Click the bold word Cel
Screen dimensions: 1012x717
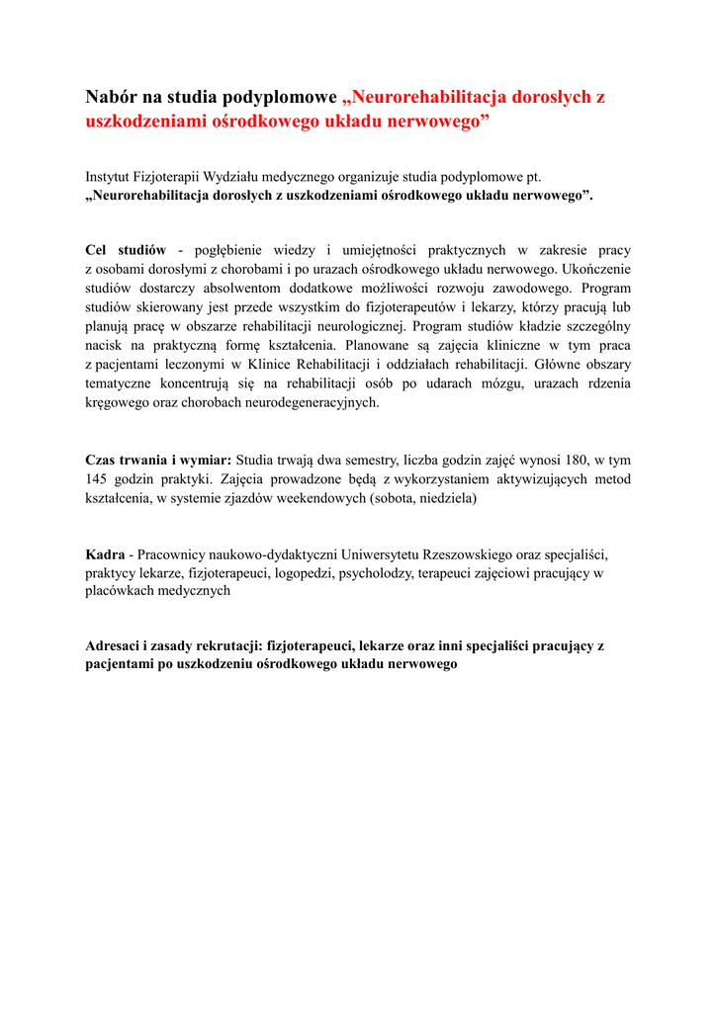(x=98, y=251)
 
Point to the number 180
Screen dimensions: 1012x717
(x=567, y=460)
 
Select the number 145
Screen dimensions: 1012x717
(x=97, y=478)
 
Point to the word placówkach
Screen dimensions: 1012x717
(x=118, y=591)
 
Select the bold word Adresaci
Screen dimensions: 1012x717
(x=120, y=646)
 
